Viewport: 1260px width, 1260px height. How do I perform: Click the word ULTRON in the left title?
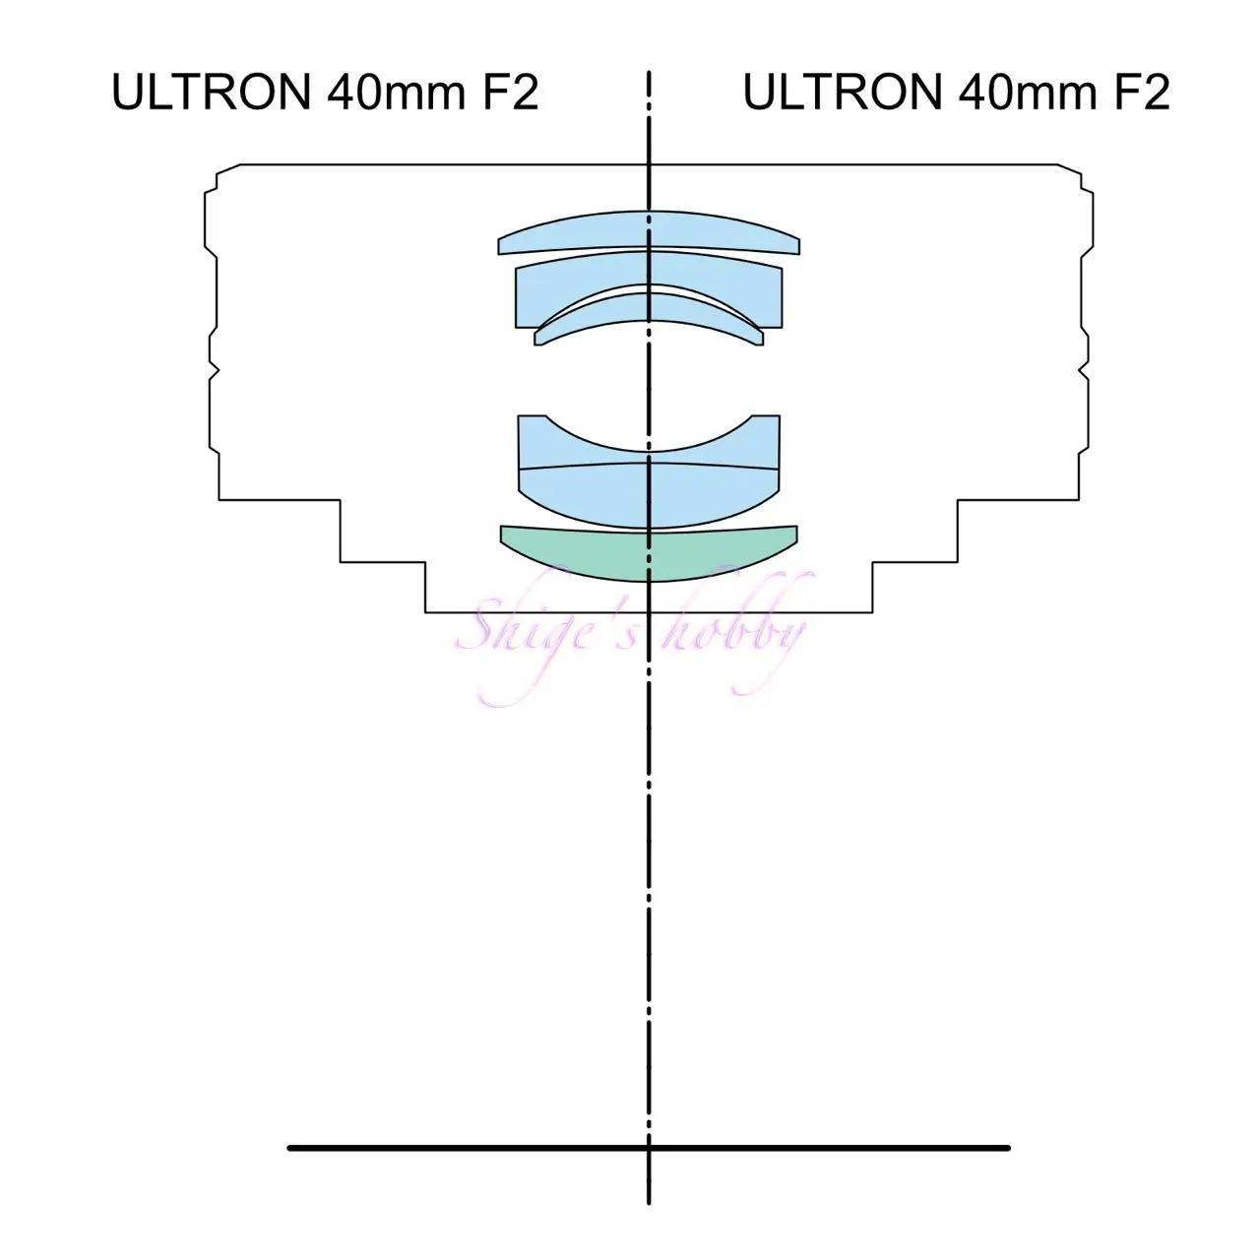[x=212, y=93]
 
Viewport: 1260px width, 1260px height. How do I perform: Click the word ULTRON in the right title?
[x=843, y=93]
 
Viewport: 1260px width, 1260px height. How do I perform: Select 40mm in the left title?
[x=397, y=93]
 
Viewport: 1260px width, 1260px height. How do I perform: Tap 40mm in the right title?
[x=1028, y=93]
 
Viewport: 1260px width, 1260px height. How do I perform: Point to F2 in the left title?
[x=511, y=93]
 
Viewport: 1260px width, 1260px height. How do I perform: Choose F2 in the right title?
[x=1142, y=93]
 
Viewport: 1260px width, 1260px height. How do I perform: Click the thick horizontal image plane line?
[x=649, y=1148]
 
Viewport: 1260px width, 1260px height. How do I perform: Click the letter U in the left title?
[x=129, y=93]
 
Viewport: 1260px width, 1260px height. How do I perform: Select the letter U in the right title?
[x=760, y=93]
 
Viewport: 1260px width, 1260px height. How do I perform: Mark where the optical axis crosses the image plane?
[x=649, y=1148]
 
